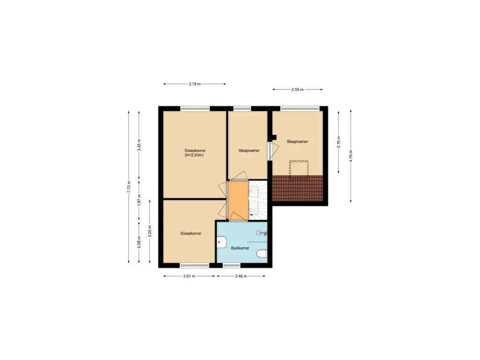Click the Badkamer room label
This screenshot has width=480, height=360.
[x=240, y=248]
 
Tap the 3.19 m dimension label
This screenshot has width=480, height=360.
[x=195, y=84]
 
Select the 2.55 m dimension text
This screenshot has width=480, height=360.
[x=298, y=90]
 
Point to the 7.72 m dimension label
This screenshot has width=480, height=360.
[x=129, y=187]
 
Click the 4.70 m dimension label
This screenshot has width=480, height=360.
[x=351, y=156]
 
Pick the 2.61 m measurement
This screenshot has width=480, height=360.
[x=189, y=276]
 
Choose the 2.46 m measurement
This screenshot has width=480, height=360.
[x=241, y=276]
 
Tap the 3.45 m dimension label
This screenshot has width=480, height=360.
[x=139, y=145]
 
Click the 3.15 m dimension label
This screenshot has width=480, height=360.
[x=338, y=142]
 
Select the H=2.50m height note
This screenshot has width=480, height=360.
[x=194, y=155]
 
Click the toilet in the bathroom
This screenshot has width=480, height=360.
[x=262, y=254]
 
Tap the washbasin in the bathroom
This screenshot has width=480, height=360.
[x=221, y=242]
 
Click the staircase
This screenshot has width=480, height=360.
[x=258, y=200]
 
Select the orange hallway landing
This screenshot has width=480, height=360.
[x=238, y=200]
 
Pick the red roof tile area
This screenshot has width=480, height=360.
[x=298, y=188]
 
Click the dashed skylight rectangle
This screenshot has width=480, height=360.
[x=299, y=168]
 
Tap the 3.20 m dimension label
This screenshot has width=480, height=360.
[x=150, y=232]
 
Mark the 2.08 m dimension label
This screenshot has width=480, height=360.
[x=139, y=242]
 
